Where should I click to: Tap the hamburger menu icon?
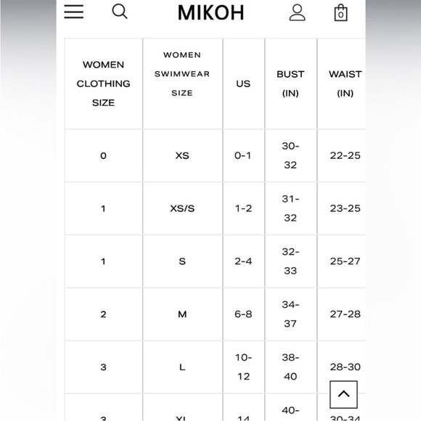[74, 12]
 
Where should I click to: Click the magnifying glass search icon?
[120, 12]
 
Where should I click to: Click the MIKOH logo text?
[210, 12]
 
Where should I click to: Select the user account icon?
[298, 12]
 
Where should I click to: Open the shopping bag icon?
[340, 12]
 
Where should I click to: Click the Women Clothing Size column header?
[103, 83]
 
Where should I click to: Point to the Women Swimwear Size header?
[182, 74]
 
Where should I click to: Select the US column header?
[243, 83]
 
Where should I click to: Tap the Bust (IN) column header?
[290, 83]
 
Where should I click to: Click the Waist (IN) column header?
[345, 83]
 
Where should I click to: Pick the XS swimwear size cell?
[182, 155]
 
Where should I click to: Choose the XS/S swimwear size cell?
[182, 208]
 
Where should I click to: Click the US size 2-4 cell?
[243, 261]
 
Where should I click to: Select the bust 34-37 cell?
[290, 314]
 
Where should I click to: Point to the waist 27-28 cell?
[345, 314]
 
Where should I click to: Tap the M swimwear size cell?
[182, 314]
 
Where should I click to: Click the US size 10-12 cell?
[243, 367]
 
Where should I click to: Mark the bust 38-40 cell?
[290, 367]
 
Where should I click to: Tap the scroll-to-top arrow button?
[344, 395]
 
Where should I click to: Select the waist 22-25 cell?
[345, 155]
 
